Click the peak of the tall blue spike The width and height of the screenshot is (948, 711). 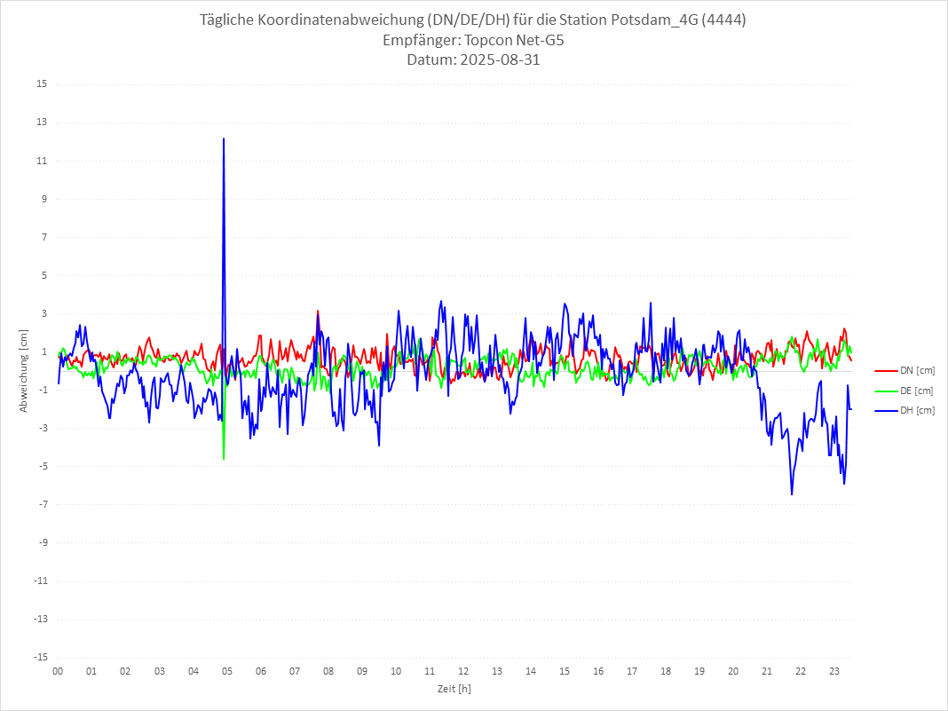[x=224, y=138]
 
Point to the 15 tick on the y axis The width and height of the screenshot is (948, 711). [x=42, y=84]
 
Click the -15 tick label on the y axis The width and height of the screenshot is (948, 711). [x=39, y=657]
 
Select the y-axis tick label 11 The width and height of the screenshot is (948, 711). [x=42, y=161]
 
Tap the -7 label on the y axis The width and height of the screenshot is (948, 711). [x=41, y=504]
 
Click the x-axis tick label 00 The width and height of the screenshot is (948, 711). [x=58, y=671]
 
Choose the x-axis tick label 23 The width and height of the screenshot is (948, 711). [x=834, y=671]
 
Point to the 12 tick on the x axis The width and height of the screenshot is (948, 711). [x=463, y=671]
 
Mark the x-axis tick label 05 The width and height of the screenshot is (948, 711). [x=226, y=671]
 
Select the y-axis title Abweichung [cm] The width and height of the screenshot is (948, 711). [x=24, y=371]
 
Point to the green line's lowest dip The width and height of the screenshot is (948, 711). [x=224, y=458]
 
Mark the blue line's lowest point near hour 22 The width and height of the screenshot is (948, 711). [x=792, y=494]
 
